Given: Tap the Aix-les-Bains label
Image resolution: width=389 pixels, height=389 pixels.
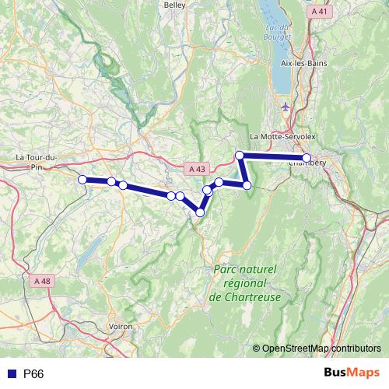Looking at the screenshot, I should [x=306, y=63].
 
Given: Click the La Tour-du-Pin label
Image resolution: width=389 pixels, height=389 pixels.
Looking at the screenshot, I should [x=36, y=161].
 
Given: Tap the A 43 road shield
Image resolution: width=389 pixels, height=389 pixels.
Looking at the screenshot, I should [x=197, y=168].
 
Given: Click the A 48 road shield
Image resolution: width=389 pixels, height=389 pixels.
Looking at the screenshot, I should [x=43, y=282].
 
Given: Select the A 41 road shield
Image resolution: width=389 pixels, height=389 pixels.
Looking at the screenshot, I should [x=319, y=12].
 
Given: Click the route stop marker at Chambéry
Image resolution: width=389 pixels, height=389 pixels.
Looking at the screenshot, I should [x=307, y=158].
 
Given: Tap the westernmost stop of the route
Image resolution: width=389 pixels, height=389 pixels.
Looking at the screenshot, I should [x=82, y=179].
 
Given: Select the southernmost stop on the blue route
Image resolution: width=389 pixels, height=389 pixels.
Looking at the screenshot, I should [x=200, y=212].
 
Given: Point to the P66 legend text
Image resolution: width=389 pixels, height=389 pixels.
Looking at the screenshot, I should [x=33, y=374].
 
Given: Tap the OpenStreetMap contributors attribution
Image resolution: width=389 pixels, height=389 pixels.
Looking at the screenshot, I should [x=321, y=348].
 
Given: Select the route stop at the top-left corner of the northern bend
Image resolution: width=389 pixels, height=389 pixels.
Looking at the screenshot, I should [x=240, y=156].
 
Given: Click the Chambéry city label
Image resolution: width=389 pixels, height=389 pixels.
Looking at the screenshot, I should [x=308, y=163].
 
